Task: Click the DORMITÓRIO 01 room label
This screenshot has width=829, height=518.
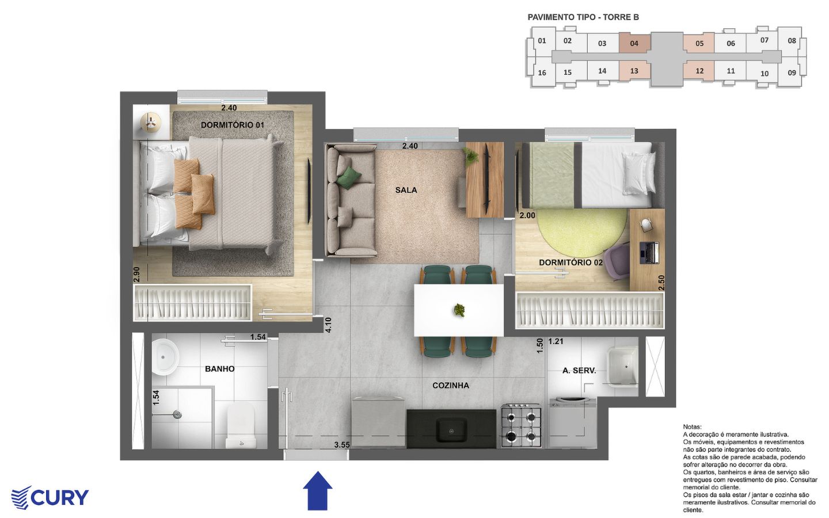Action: [x=233, y=125]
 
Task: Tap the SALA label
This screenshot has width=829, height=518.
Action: [x=406, y=190]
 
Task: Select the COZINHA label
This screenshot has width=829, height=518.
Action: [x=451, y=386]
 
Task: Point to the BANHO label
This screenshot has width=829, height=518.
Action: [x=220, y=369]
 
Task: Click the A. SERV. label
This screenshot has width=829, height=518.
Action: [x=579, y=371]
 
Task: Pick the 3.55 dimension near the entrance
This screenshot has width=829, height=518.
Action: [x=342, y=445]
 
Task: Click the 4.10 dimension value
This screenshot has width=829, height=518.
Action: [x=328, y=325]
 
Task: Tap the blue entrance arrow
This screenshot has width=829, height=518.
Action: [x=318, y=490]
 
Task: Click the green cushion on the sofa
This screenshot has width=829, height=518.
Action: [x=349, y=178]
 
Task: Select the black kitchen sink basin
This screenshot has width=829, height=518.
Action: [x=451, y=431]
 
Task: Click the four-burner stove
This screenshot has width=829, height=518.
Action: [x=521, y=426]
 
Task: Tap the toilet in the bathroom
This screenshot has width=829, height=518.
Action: [x=241, y=426]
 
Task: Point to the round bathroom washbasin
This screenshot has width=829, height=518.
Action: [x=165, y=357]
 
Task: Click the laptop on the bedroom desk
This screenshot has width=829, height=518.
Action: [x=649, y=253]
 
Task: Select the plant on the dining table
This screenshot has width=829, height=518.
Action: [x=459, y=310]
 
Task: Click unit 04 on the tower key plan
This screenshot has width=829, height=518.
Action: [x=634, y=44]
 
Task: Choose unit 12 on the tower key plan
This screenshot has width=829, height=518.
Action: [x=699, y=71]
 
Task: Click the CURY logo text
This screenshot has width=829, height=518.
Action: [x=59, y=498]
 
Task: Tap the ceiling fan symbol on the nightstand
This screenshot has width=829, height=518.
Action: [x=151, y=122]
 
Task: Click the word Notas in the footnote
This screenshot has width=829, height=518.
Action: [x=692, y=427]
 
